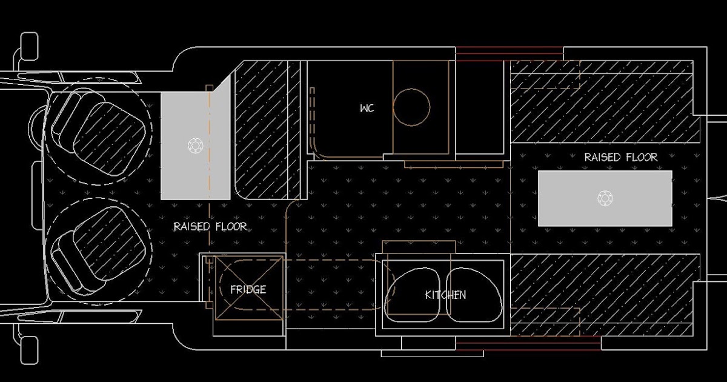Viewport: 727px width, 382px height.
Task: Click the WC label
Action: click(x=367, y=108)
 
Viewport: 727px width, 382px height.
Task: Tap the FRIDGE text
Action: click(x=248, y=289)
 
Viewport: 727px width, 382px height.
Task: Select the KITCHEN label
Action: click(x=446, y=295)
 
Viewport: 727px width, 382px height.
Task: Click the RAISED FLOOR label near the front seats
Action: click(x=210, y=226)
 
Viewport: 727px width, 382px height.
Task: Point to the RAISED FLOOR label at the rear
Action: click(x=621, y=157)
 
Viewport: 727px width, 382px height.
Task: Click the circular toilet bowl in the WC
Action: click(x=411, y=107)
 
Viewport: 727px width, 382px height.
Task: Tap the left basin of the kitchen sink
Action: click(x=412, y=295)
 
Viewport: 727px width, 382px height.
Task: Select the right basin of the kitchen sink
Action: click(x=474, y=295)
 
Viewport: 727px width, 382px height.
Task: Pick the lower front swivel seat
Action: click(x=98, y=250)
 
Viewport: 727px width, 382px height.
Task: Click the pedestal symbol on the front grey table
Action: click(x=195, y=144)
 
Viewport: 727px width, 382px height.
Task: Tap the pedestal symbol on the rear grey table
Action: click(x=605, y=198)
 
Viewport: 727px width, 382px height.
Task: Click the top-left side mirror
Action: click(x=29, y=47)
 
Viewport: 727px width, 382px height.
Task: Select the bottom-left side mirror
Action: click(x=29, y=350)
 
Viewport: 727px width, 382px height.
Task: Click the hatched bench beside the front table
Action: click(x=267, y=130)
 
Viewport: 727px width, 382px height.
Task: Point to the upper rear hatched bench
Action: click(x=605, y=101)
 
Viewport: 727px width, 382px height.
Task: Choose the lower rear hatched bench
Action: click(x=605, y=295)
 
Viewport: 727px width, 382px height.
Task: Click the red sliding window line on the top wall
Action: click(x=510, y=53)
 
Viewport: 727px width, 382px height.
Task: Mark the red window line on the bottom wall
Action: click(x=528, y=344)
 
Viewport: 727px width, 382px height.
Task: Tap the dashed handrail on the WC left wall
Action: click(x=312, y=124)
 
